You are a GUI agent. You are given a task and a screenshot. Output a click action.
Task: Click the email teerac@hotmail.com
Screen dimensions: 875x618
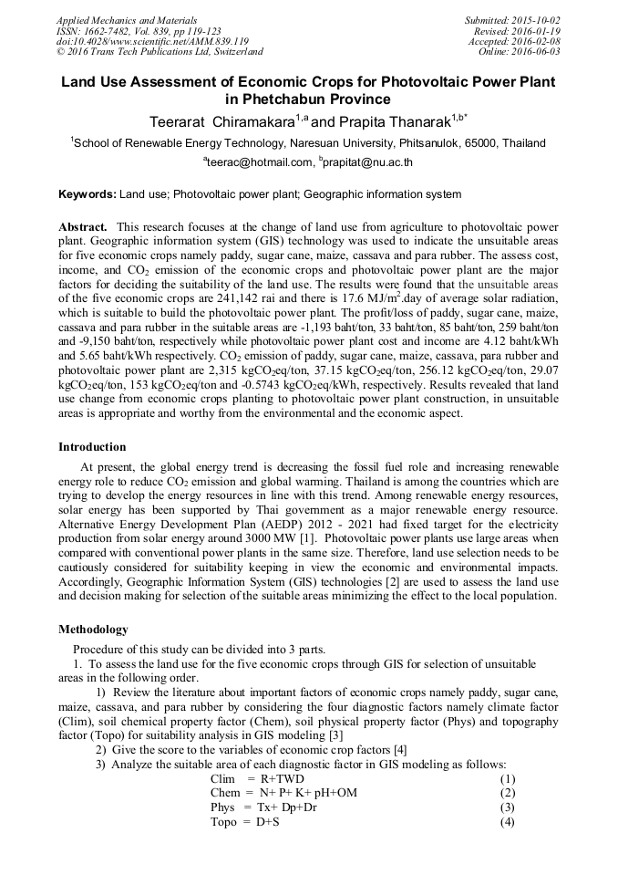click(260, 162)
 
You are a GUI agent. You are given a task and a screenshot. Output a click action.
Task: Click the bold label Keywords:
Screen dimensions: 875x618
click(88, 194)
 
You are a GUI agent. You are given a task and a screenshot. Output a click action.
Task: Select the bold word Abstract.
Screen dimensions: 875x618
click(83, 226)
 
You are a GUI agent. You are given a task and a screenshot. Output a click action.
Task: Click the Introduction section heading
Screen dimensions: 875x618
click(92, 447)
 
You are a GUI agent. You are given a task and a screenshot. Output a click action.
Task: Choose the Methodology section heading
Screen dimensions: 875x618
click(94, 630)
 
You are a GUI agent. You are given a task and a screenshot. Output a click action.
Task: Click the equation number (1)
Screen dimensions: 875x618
click(508, 779)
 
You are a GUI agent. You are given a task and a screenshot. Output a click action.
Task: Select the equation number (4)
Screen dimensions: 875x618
click(508, 822)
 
